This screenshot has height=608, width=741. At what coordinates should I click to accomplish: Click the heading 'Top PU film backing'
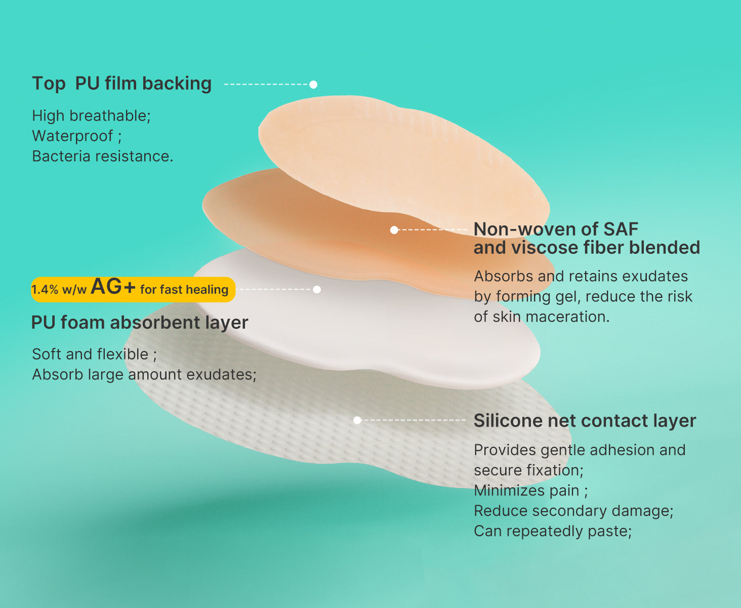coord(121,84)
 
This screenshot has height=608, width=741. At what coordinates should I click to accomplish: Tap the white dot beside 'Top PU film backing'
coord(313,85)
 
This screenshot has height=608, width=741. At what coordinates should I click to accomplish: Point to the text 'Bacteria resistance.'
coord(103,156)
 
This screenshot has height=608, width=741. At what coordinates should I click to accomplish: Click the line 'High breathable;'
coord(91,116)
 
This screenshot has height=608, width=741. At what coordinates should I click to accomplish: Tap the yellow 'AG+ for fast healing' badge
coord(133,289)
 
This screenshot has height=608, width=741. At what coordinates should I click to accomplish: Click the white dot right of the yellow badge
coord(317,289)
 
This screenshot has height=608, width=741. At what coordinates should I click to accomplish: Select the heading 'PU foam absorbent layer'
coord(140,322)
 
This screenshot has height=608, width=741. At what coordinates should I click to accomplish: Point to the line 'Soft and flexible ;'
coord(94,354)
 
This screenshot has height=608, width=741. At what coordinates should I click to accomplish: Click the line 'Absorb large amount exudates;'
coord(144,374)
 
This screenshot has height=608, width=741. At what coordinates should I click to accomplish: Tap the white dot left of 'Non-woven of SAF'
coord(394,230)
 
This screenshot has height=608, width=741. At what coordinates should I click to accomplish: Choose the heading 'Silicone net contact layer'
coord(585,421)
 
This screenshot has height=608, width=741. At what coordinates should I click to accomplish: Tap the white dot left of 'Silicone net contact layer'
coord(357,420)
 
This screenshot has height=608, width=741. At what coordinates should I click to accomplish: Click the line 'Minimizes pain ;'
coord(530,490)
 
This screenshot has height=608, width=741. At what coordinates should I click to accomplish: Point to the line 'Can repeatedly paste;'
coord(552,531)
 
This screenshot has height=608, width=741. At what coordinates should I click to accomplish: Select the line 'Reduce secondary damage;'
coord(573,511)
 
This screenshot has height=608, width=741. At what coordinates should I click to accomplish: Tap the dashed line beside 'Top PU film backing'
coord(266,85)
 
